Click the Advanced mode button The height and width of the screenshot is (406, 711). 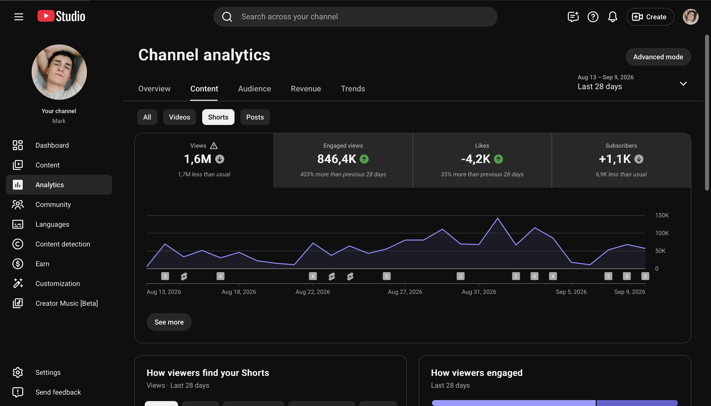click(x=658, y=57)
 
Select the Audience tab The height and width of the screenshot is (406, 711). click(x=255, y=89)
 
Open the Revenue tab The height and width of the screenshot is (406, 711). click(x=306, y=89)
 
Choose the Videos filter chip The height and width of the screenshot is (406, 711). click(x=179, y=117)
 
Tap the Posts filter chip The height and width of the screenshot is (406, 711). click(x=255, y=117)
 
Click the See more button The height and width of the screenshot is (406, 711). click(x=169, y=322)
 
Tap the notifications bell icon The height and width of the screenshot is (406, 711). click(x=612, y=17)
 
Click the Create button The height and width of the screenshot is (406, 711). click(x=650, y=17)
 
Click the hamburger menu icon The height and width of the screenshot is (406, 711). click(x=19, y=17)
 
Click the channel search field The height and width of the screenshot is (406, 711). click(x=355, y=17)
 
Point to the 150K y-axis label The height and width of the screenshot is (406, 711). click(x=662, y=215)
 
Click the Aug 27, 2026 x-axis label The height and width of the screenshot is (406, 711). click(x=405, y=292)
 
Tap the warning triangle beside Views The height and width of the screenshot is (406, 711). click(x=214, y=145)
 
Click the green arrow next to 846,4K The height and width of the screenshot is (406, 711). click(x=364, y=159)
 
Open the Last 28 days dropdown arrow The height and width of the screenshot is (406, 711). click(x=683, y=84)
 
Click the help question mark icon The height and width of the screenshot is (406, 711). click(x=593, y=17)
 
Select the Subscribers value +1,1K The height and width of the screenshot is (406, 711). click(x=614, y=159)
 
